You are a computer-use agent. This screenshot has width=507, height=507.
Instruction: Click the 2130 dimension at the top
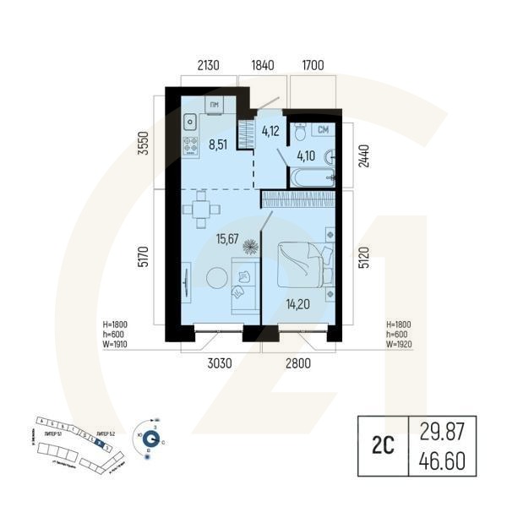[209, 65]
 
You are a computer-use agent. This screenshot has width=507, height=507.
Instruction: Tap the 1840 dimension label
[263, 65]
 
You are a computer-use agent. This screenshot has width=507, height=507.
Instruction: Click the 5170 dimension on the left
[141, 257]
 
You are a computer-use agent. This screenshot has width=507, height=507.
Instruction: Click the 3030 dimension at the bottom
[212, 364]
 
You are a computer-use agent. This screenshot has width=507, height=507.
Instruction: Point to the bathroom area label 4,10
[305, 155]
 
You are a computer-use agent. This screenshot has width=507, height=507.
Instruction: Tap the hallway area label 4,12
[270, 131]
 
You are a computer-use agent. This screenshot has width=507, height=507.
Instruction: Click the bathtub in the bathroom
[313, 177]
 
